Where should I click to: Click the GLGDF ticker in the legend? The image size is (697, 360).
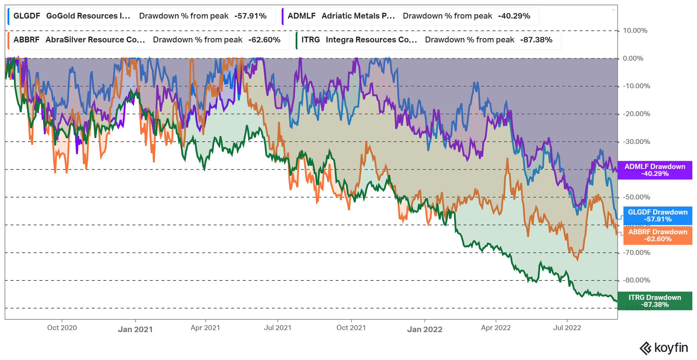pos(27,16)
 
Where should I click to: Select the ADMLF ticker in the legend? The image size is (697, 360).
pos(301,16)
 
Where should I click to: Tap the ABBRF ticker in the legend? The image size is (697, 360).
pos(26,40)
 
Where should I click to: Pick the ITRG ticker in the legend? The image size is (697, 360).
pos(310,40)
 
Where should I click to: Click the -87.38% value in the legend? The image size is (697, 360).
pos(536,40)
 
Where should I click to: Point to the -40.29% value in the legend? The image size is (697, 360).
pos(514,16)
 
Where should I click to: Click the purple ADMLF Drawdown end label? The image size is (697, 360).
pos(655,170)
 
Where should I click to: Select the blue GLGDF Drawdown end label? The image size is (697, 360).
pos(658,216)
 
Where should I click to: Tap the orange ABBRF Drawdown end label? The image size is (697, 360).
pos(658,235)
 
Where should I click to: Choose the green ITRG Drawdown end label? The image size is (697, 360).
pos(655,301)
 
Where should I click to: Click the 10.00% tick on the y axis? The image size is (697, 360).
pos(635,31)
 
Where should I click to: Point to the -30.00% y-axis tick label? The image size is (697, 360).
pos(636,142)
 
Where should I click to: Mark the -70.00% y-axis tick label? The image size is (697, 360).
pos(636,253)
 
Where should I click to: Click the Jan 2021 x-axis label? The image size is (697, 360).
pos(135,330)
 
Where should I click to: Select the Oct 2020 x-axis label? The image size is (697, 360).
pos(62,328)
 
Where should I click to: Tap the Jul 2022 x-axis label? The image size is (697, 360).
pos(567,328)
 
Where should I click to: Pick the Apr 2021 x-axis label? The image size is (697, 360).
pos(205,328)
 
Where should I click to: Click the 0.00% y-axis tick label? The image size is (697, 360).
pos(633,59)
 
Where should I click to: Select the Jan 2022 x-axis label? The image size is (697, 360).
pos(425,330)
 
